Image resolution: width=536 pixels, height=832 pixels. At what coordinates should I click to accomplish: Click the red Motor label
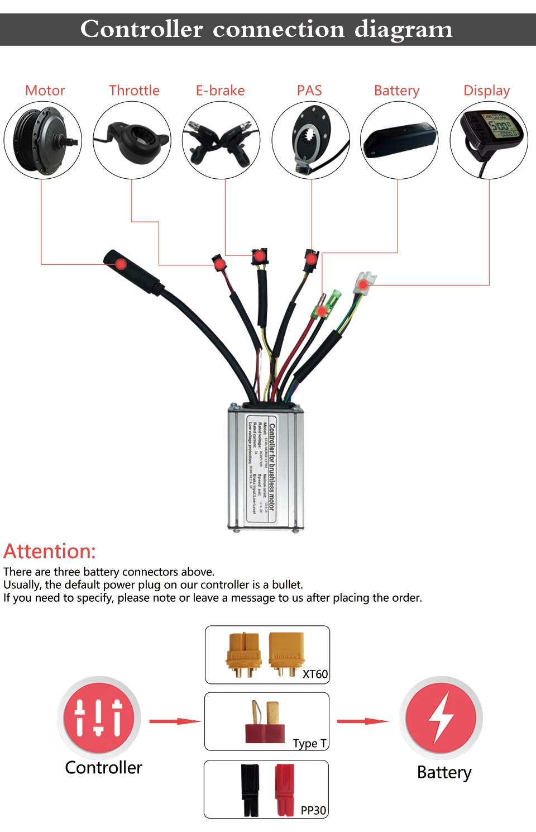pyautogui.click(x=45, y=91)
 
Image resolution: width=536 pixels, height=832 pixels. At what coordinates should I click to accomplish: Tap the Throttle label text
pyautogui.click(x=134, y=91)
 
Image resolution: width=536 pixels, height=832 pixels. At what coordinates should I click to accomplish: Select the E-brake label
pyautogui.click(x=220, y=91)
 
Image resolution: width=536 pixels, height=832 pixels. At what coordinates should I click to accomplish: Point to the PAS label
pyautogui.click(x=309, y=91)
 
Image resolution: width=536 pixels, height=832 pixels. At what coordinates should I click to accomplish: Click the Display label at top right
pyautogui.click(x=486, y=91)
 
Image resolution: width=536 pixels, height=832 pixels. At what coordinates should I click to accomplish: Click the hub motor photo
pyautogui.click(x=43, y=140)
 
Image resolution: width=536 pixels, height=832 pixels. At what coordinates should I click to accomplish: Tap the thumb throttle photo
pyautogui.click(x=132, y=140)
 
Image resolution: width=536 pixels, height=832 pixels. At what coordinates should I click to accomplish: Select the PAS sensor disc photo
pyautogui.click(x=311, y=140)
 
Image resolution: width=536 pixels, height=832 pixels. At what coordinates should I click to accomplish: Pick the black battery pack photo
pyautogui.click(x=399, y=140)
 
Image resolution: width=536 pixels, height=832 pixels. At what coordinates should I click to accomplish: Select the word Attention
pyautogui.click(x=50, y=551)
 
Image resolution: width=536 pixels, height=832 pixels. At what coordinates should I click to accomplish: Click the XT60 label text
pyautogui.click(x=315, y=674)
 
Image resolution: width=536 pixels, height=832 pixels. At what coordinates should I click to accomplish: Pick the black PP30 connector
pyautogui.click(x=250, y=789)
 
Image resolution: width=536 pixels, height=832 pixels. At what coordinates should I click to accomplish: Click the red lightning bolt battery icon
pyautogui.click(x=441, y=717)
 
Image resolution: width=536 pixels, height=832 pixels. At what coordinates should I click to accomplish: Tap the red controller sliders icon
pyautogui.click(x=99, y=717)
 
